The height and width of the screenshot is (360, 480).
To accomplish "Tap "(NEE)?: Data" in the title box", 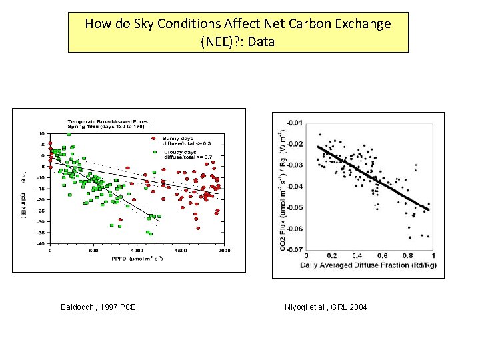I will [x=237, y=41].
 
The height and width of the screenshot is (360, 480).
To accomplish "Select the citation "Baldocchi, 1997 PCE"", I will [x=98, y=307].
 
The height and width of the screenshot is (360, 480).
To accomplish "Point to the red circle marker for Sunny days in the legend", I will [x=154, y=139].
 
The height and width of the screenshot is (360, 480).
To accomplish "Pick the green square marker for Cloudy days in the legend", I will [x=154, y=152].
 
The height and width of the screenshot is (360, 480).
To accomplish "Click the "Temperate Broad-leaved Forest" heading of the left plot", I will [x=108, y=121].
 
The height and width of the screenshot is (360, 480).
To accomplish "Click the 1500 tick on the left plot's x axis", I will [x=180, y=251].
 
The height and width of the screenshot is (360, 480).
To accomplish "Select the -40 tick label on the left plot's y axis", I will [x=40, y=244].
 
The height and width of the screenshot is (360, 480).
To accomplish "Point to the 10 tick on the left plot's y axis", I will [x=41, y=133].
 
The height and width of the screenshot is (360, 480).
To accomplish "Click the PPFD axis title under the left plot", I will [x=135, y=257].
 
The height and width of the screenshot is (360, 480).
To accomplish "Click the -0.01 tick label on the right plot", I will [x=293, y=122].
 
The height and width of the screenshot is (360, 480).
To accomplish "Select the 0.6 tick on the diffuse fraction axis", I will [x=382, y=255].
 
